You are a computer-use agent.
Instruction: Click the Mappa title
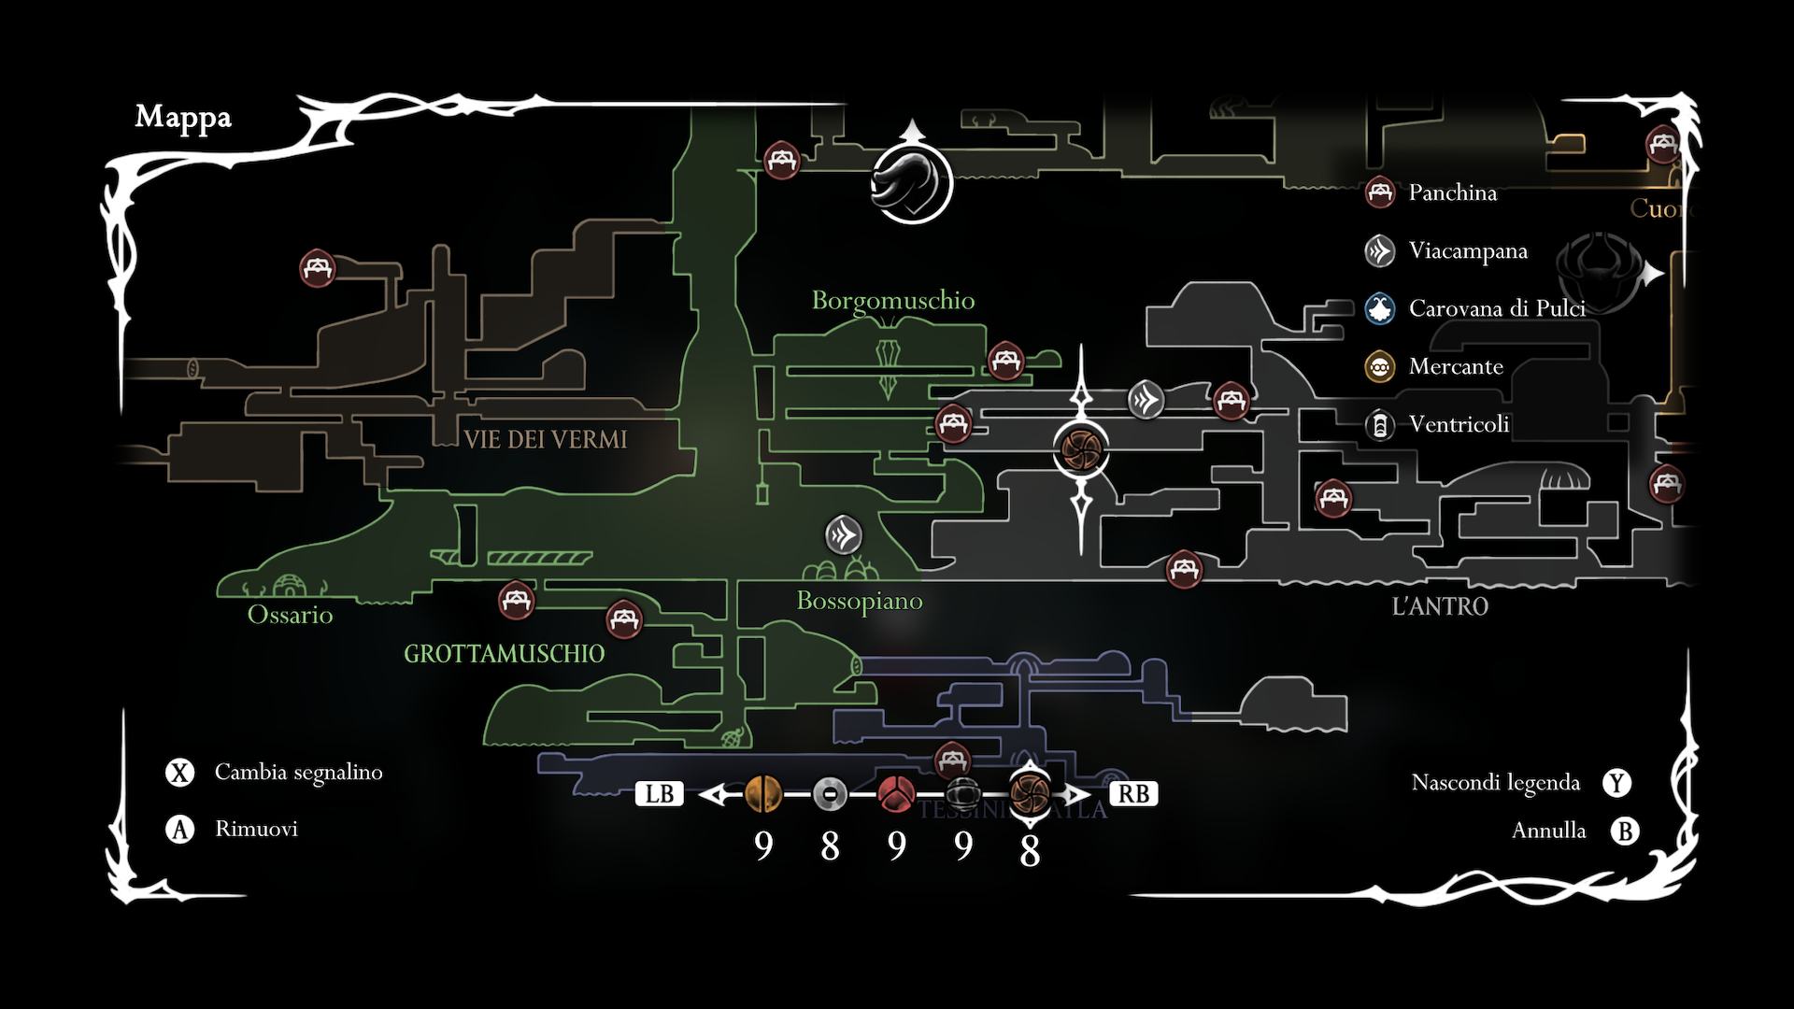tap(183, 117)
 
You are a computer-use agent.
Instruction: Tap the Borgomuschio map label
tap(892, 300)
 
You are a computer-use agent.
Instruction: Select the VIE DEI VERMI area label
tap(546, 439)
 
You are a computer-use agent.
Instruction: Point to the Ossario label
tap(290, 614)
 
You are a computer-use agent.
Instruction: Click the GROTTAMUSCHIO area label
tap(504, 653)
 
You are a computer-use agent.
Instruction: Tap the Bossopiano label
tap(859, 601)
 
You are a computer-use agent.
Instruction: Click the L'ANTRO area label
tap(1440, 606)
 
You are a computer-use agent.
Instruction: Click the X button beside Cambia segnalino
tap(179, 773)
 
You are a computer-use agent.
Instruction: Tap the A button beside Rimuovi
tap(179, 829)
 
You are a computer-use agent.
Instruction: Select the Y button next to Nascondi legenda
tap(1617, 783)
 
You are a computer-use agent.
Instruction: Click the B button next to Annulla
tap(1625, 831)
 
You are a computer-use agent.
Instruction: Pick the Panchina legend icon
tap(1380, 192)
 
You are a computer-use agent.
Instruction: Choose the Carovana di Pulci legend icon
tap(1380, 308)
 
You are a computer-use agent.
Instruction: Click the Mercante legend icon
tap(1380, 366)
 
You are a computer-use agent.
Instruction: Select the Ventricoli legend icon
tap(1380, 425)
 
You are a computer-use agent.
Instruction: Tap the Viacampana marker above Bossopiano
tap(844, 535)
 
